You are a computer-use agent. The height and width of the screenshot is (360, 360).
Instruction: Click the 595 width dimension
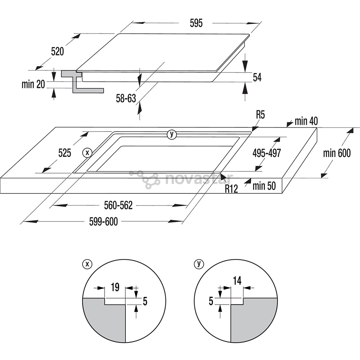[x=196, y=23]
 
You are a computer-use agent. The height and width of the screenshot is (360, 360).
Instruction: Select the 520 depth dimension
[x=57, y=51]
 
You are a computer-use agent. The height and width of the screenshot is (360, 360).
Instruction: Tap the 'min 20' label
[x=33, y=84]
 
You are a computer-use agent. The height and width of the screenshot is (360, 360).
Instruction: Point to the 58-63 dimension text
[x=126, y=98]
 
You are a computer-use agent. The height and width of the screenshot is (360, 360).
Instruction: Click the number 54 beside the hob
[x=257, y=77]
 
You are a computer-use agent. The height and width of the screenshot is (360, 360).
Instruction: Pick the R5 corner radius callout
[x=260, y=115]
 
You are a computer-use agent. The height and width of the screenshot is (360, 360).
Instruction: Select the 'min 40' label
[x=306, y=121]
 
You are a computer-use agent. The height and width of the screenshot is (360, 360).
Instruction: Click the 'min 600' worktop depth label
[x=337, y=153]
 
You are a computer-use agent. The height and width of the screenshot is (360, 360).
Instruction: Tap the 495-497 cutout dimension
[x=267, y=153]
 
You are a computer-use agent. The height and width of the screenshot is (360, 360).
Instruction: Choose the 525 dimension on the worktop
[x=65, y=153]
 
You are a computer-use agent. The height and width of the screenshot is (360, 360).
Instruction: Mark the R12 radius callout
[x=231, y=189]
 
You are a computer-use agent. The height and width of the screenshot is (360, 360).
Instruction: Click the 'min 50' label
[x=264, y=186]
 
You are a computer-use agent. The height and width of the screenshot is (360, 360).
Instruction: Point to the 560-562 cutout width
[x=118, y=206]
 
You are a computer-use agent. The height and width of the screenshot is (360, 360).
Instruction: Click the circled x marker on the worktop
[x=87, y=153]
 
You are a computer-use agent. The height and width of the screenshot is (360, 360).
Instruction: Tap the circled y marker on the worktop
[x=172, y=134]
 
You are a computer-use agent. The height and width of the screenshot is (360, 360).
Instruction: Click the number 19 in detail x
[x=115, y=287]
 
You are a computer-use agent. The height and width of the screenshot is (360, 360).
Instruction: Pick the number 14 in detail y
[x=237, y=281]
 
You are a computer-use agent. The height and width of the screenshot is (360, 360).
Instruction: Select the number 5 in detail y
[x=211, y=301]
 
